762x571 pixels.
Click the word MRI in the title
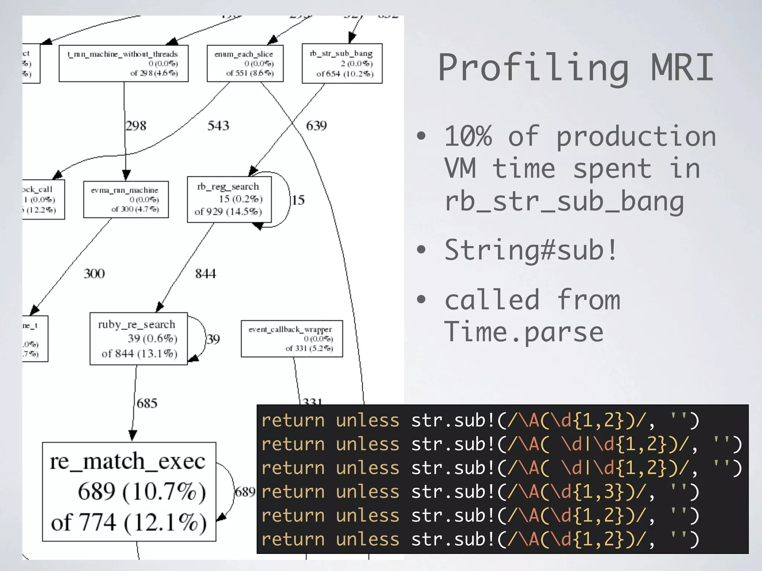click(x=682, y=68)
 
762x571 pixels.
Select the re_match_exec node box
click(x=129, y=491)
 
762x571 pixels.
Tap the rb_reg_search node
click(x=229, y=199)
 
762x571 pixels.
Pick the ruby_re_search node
click(x=138, y=339)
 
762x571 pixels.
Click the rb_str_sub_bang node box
click(x=342, y=64)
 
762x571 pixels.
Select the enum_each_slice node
click(x=245, y=64)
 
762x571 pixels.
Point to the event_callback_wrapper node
click(x=292, y=339)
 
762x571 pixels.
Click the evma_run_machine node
click(x=126, y=199)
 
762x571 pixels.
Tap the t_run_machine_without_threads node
click(x=124, y=64)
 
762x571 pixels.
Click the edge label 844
click(x=205, y=274)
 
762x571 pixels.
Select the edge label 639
click(x=316, y=126)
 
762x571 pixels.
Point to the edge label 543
click(x=218, y=126)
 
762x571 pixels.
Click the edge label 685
click(x=147, y=403)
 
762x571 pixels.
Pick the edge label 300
click(x=94, y=274)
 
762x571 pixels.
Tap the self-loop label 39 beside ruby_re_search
click(x=213, y=339)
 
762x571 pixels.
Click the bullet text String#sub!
click(x=531, y=250)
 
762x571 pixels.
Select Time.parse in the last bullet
click(x=524, y=332)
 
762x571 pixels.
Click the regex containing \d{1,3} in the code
click(x=576, y=492)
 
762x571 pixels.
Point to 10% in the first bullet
click(x=468, y=136)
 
